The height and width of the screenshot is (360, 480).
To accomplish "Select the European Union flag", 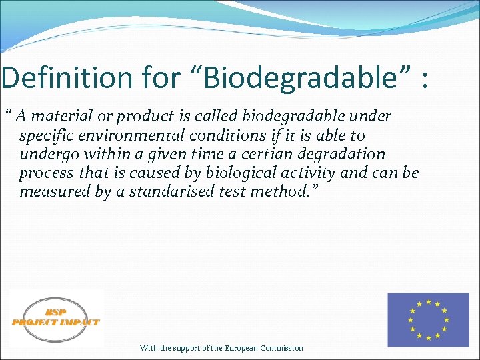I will click(428, 320).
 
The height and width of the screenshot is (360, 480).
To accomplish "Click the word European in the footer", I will click(241, 348).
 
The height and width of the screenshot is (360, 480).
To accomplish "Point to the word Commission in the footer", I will click(282, 348).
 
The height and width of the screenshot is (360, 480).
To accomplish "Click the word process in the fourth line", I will click(44, 173).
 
